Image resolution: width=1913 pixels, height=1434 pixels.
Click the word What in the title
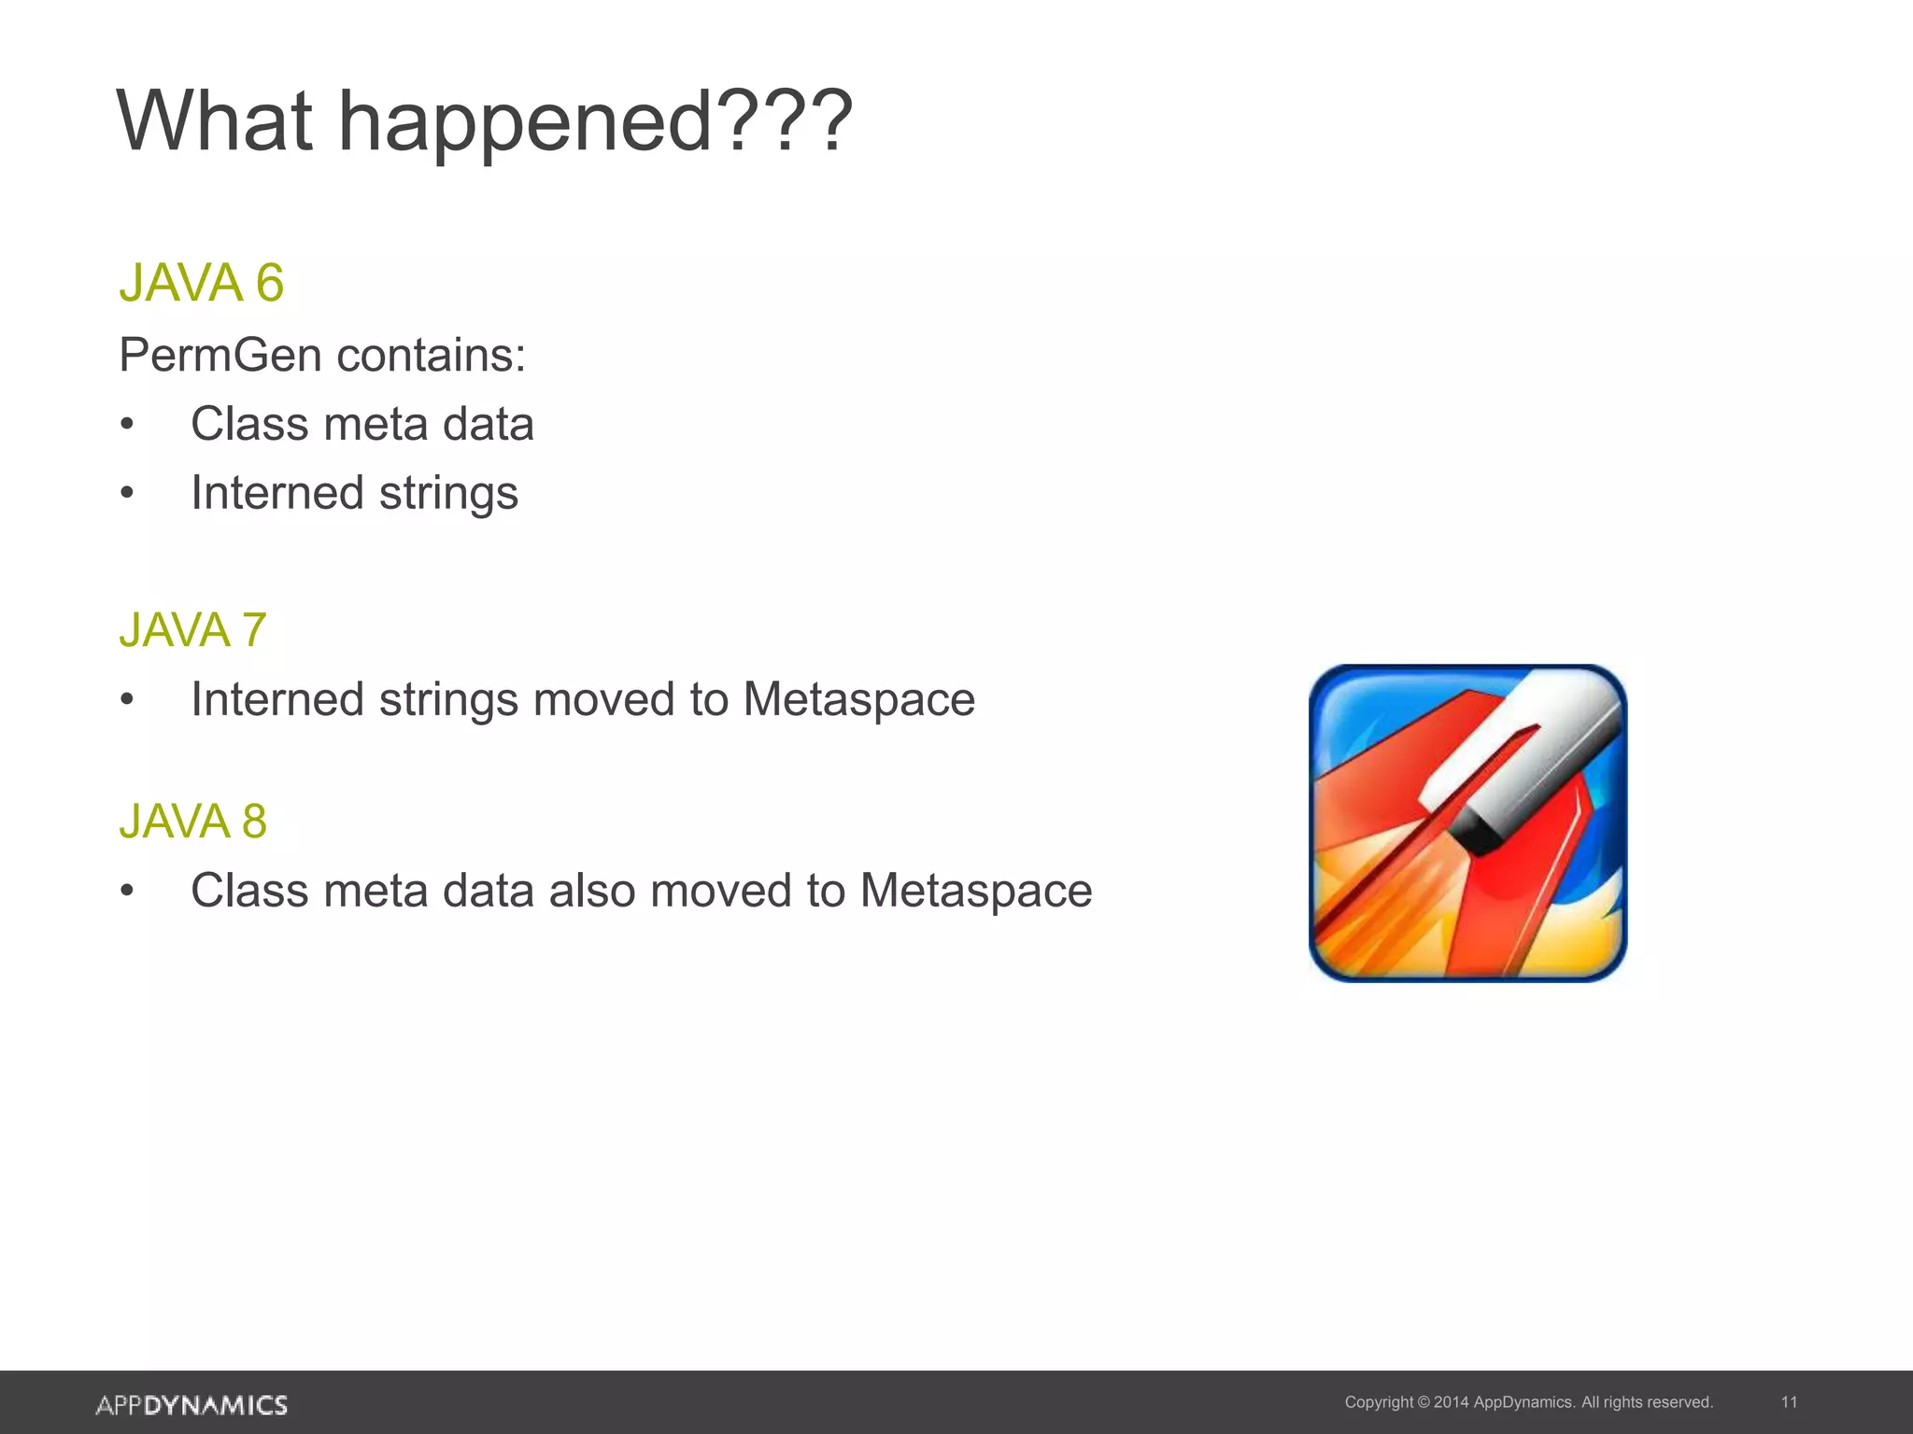click(214, 121)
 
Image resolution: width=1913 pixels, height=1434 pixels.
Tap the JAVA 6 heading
click(201, 283)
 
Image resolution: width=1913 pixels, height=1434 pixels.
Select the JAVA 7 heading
click(192, 630)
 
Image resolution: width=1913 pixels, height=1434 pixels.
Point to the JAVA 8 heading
click(192, 822)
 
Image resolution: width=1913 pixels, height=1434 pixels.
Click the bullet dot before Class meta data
click(127, 426)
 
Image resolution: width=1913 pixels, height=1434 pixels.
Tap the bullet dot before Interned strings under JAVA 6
click(127, 495)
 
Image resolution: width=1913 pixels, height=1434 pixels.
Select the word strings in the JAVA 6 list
click(448, 495)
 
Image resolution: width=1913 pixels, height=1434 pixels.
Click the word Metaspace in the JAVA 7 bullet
click(858, 700)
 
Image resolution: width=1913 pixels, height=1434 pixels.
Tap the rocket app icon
click(1467, 822)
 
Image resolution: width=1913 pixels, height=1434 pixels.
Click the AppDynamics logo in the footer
click(191, 1405)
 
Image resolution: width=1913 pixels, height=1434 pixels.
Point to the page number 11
click(1789, 1402)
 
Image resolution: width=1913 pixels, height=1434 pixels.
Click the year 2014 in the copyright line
click(1451, 1402)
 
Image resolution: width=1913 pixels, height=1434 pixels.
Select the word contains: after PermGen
click(432, 356)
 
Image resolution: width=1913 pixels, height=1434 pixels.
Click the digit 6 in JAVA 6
click(269, 283)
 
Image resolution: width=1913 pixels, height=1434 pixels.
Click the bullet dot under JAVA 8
click(127, 892)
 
